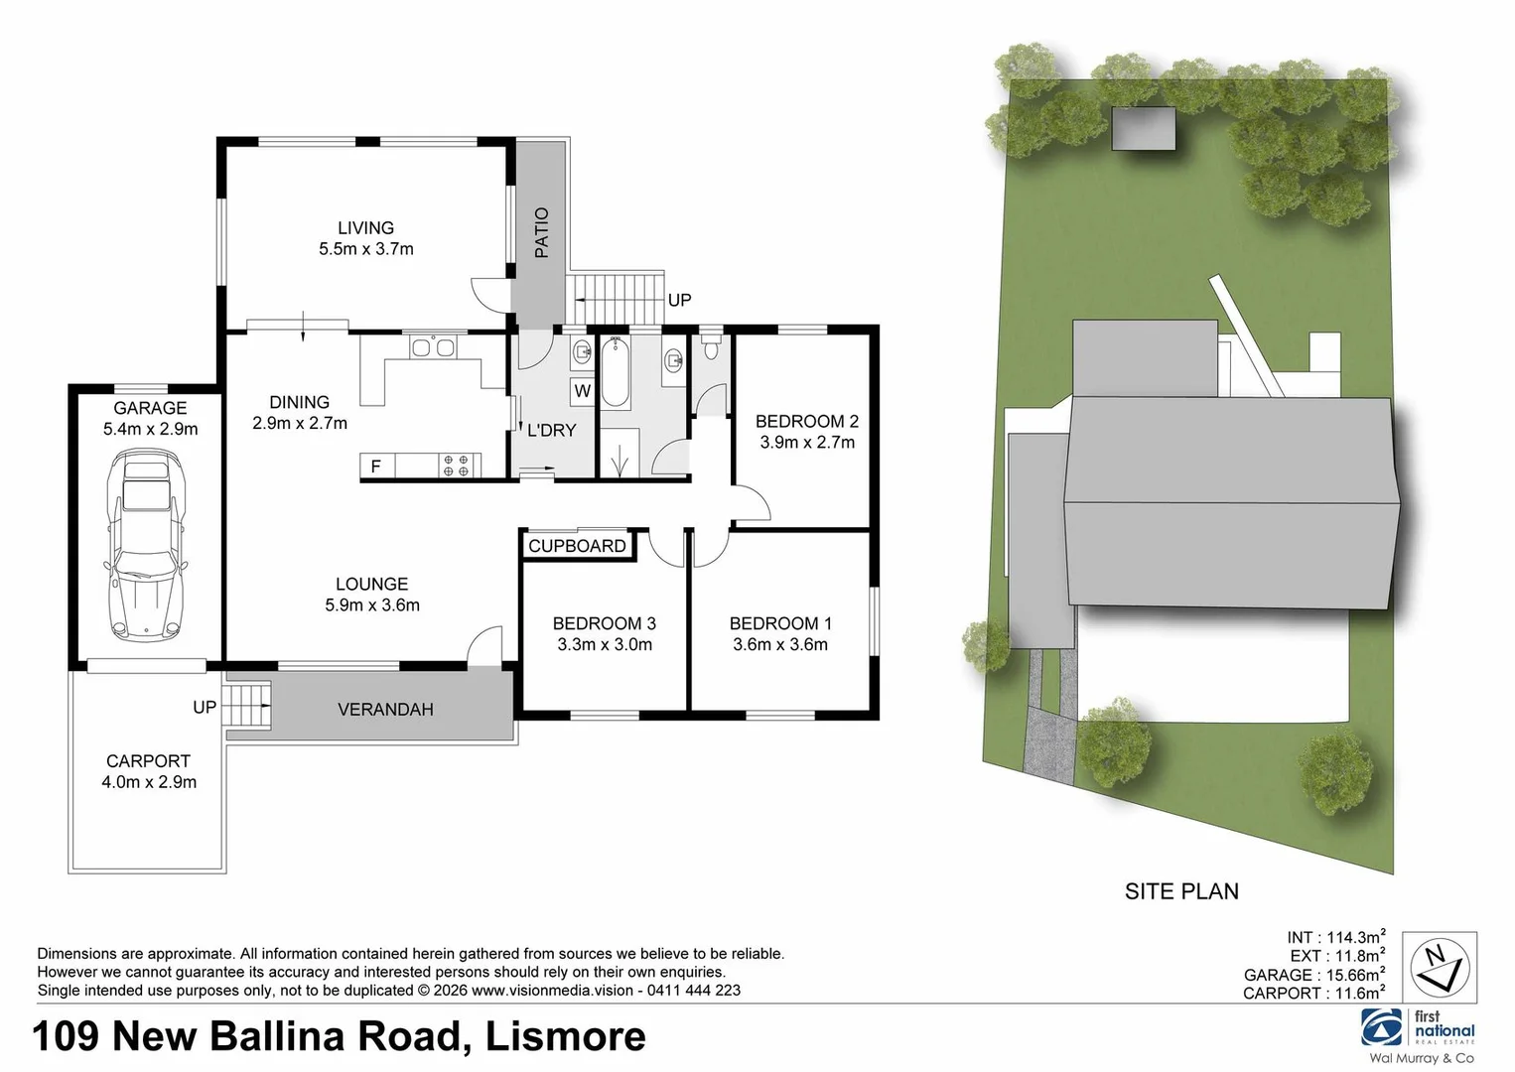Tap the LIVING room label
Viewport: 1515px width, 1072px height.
365,228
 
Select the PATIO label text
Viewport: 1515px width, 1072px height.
541,232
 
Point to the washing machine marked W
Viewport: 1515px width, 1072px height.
582,391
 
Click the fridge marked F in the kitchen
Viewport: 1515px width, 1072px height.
376,466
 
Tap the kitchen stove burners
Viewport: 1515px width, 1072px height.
456,466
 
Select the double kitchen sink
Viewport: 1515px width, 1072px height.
433,347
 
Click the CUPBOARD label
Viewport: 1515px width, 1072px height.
577,546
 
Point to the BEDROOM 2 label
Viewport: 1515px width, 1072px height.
806,421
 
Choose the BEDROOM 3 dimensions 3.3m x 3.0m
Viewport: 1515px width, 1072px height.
604,644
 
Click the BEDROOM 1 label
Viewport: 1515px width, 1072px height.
780,623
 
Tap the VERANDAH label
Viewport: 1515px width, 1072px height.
385,710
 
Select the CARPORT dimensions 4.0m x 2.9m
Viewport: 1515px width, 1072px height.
149,782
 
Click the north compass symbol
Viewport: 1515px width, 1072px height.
1440,966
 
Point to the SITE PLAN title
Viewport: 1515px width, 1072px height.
1181,891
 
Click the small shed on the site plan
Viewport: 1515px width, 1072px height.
1143,127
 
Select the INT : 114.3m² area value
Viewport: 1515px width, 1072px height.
1335,937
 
